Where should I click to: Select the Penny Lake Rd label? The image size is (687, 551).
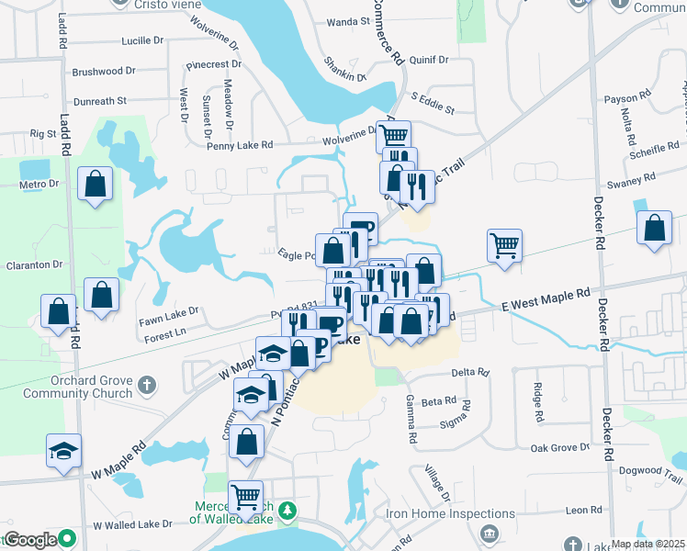click(x=240, y=145)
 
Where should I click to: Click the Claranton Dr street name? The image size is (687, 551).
click(x=31, y=264)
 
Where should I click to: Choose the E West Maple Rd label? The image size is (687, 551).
click(x=546, y=300)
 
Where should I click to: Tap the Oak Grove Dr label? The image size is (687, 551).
click(x=559, y=447)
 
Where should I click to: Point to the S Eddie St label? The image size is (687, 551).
click(x=432, y=102)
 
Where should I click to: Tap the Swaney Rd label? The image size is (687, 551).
click(x=636, y=177)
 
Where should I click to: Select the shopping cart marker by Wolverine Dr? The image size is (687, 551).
click(x=393, y=138)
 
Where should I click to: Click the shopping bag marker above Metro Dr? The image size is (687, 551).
click(x=96, y=183)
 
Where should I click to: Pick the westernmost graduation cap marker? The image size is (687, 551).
click(x=63, y=450)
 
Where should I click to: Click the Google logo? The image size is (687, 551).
click(x=31, y=539)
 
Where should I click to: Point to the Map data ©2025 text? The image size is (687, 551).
click(x=648, y=544)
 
